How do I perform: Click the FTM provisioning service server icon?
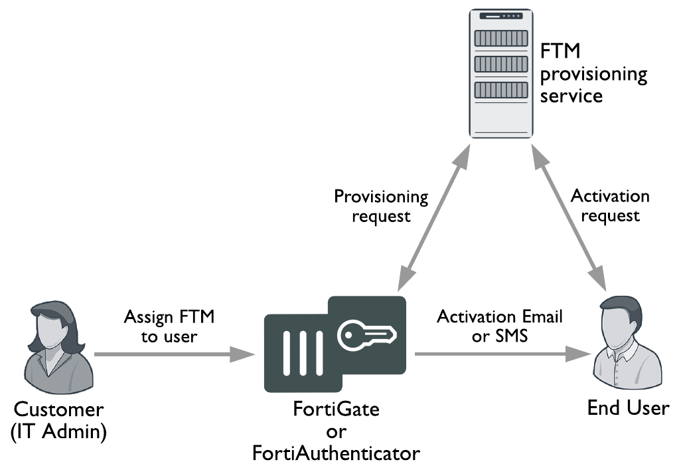[500, 73]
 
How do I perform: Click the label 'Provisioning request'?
[381, 206]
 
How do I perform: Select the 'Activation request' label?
[609, 205]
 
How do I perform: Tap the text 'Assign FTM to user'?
[169, 326]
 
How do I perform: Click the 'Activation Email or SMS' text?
[499, 326]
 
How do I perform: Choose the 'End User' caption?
[628, 408]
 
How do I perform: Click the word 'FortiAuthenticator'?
[336, 453]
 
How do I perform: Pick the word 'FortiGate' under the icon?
[336, 409]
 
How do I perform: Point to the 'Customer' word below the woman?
[59, 409]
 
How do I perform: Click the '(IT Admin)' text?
[59, 431]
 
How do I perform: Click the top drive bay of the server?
[500, 38]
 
